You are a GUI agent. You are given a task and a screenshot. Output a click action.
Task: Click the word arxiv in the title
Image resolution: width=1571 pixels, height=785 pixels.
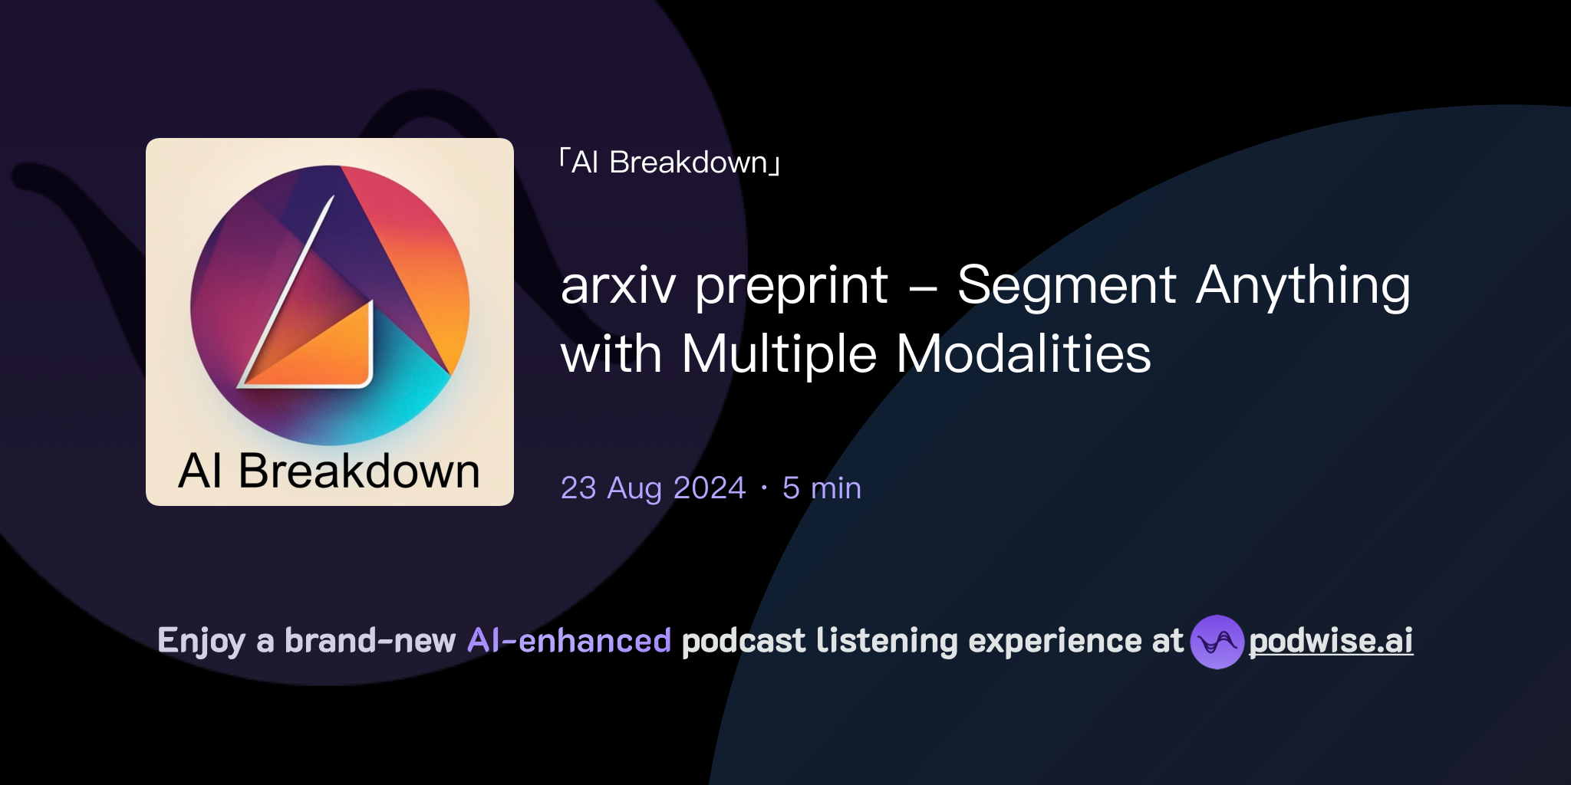[618, 286]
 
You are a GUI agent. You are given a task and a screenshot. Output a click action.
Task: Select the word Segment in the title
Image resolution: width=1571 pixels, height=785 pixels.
[1066, 286]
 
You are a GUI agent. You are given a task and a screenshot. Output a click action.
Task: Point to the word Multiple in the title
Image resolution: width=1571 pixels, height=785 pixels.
[779, 355]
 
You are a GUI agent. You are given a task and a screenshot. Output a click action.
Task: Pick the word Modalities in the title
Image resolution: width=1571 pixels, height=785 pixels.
[1023, 354]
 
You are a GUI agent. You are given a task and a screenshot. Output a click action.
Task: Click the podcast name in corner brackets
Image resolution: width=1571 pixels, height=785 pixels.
[670, 163]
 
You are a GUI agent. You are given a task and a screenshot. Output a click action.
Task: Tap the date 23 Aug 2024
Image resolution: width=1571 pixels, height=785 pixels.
[653, 488]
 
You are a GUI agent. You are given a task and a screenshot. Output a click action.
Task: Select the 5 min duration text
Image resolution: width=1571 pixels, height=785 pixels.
[822, 488]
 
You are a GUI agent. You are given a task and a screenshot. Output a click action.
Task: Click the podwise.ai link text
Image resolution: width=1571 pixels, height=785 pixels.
[1331, 641]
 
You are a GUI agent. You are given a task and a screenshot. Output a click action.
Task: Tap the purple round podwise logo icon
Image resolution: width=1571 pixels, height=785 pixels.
[1217, 642]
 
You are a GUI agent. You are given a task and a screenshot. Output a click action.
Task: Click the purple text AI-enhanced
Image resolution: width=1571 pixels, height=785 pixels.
[569, 641]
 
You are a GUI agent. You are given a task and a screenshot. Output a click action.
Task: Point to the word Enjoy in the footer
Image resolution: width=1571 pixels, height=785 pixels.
[201, 642]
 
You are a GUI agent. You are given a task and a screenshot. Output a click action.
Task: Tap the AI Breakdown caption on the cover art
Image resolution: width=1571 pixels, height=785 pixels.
[329, 471]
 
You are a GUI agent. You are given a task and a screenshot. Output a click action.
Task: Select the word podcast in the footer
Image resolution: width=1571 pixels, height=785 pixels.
[743, 641]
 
